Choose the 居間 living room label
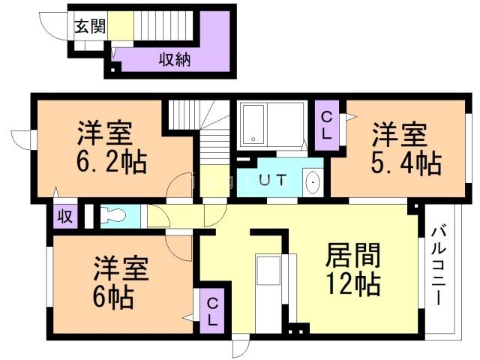(352, 256)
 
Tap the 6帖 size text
(113, 297)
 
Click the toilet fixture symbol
(113, 215)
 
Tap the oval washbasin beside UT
(313, 182)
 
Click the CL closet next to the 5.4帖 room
(328, 125)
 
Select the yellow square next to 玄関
(123, 27)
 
